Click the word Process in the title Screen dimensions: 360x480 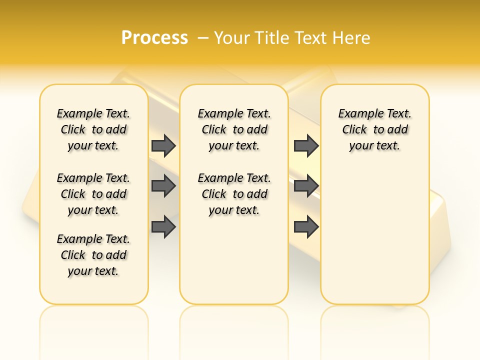pyautogui.click(x=154, y=37)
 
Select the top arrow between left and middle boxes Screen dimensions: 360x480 pyautogui.click(x=163, y=146)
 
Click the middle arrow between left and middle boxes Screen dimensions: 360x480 pyautogui.click(x=163, y=186)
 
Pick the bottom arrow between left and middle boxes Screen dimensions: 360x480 pyautogui.click(x=163, y=227)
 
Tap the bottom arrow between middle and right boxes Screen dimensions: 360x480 pyautogui.click(x=306, y=227)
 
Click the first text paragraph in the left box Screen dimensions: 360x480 pyautogui.click(x=93, y=129)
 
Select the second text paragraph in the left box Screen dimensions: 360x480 pyautogui.click(x=93, y=194)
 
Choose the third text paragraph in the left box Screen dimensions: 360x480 pyautogui.click(x=93, y=255)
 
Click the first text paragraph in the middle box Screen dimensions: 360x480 pyautogui.click(x=234, y=129)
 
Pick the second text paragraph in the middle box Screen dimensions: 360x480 pyautogui.click(x=234, y=194)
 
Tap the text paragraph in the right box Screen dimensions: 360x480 pyautogui.click(x=375, y=129)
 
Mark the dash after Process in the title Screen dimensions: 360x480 pyautogui.click(x=203, y=38)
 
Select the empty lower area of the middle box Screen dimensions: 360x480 pyautogui.click(x=234, y=260)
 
